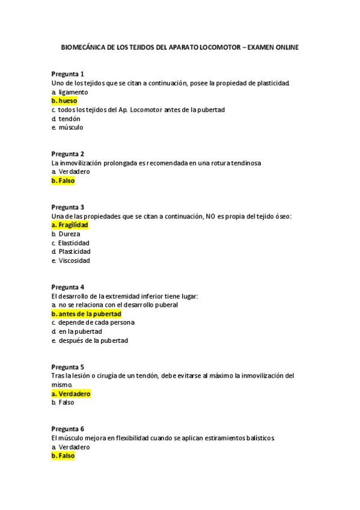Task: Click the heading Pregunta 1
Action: (67, 74)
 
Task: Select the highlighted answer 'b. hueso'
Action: (64, 101)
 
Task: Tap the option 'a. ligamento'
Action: (70, 92)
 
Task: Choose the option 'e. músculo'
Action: (67, 127)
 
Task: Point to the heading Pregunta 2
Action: (67, 154)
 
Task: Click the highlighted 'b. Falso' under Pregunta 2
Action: (63, 180)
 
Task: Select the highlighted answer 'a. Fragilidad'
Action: (70, 225)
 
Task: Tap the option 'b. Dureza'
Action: (66, 234)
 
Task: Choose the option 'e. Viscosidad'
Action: (70, 260)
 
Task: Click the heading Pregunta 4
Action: (67, 287)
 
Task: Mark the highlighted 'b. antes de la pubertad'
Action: (87, 314)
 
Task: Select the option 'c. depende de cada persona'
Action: (93, 322)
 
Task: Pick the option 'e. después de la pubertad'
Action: (90, 340)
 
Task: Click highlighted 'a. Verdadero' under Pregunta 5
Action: (71, 394)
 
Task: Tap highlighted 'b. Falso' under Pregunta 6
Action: (63, 456)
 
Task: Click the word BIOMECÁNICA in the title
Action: (83, 47)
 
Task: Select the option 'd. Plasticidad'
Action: (71, 251)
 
